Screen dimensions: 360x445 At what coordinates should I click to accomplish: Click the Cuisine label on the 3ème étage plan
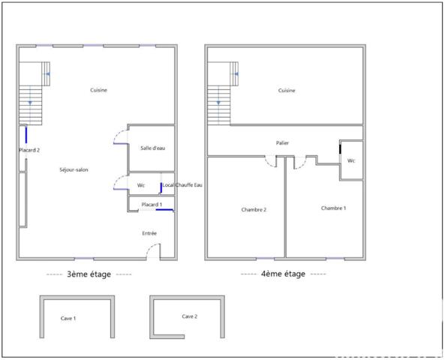coord(99,90)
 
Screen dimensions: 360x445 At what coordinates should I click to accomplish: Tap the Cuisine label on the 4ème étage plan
coord(287,90)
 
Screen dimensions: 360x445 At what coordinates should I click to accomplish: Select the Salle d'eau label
coord(152,148)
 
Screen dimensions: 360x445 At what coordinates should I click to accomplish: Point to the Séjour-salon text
coord(74,170)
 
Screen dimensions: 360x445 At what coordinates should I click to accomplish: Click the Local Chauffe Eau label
coord(182,184)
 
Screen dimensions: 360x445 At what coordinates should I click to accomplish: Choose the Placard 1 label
coord(151,204)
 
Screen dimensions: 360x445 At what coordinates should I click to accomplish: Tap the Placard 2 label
coord(29,150)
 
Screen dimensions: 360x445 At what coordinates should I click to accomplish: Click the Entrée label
coord(149,233)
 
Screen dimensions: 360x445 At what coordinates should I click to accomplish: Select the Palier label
coord(282,142)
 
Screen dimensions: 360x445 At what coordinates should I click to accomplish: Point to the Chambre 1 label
coord(333,208)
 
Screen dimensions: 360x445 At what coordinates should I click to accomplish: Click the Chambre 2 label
coord(254,209)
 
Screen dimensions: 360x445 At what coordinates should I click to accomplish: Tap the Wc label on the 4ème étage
coord(351,160)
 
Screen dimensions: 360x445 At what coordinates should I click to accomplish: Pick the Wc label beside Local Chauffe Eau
coord(140,185)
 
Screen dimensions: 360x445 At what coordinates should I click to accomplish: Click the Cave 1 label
coord(68,318)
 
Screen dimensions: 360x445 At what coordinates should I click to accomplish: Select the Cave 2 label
coord(189,316)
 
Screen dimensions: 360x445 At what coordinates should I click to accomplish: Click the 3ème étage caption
coord(89,274)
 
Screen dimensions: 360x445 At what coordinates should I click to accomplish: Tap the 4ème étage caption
coord(283,274)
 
